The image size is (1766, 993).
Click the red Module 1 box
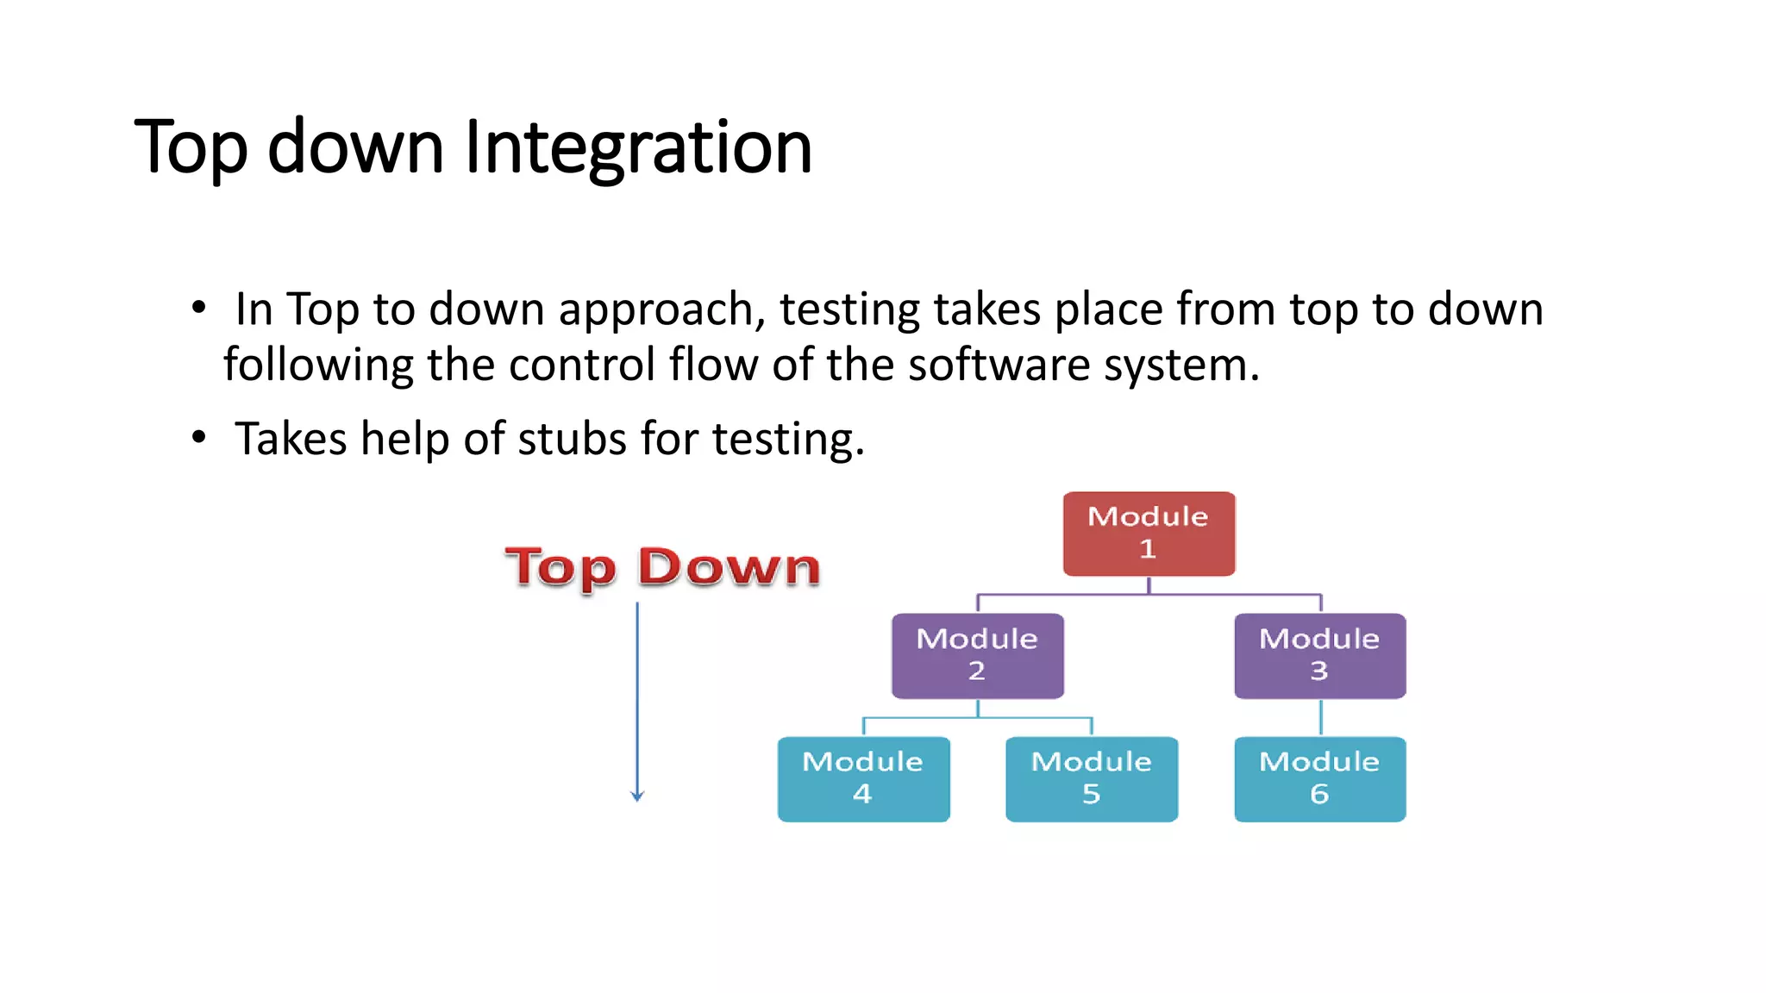tap(1149, 534)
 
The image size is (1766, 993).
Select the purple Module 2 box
tap(977, 656)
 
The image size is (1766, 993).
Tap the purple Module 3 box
tap(1319, 656)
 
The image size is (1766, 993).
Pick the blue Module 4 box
tap(863, 778)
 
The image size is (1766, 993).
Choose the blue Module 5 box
tap(1091, 778)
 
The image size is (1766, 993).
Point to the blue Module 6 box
tap(1319, 778)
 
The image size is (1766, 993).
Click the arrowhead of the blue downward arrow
tap(637, 796)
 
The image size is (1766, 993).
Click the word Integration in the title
tap(638, 147)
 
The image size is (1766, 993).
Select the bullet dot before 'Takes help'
tap(199, 438)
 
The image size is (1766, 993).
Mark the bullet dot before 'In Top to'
tap(199, 308)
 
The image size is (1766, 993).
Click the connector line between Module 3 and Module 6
tap(1320, 717)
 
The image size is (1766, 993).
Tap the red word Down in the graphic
tap(729, 567)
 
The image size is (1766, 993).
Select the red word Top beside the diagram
tap(560, 569)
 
